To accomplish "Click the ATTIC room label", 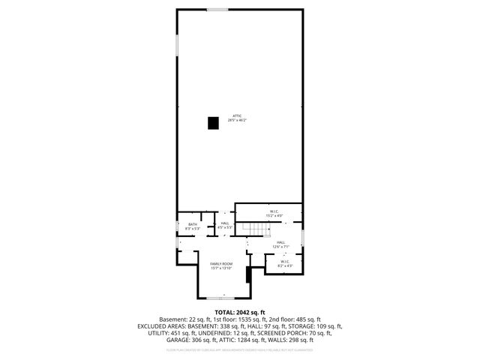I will [237, 115].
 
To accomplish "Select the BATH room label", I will [193, 223].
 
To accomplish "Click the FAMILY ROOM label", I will [221, 264].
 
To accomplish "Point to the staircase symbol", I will [259, 229].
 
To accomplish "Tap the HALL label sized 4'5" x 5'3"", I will [225, 223].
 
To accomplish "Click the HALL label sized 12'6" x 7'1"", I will [280, 242].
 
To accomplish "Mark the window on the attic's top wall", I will [217, 9].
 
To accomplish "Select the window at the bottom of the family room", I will [217, 298].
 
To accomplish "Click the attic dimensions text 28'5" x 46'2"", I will [237, 120].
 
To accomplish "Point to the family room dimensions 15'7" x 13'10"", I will [221, 268].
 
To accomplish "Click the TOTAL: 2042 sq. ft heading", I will [240, 312].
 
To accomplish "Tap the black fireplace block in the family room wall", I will [248, 275].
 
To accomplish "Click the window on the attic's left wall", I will [177, 45].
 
